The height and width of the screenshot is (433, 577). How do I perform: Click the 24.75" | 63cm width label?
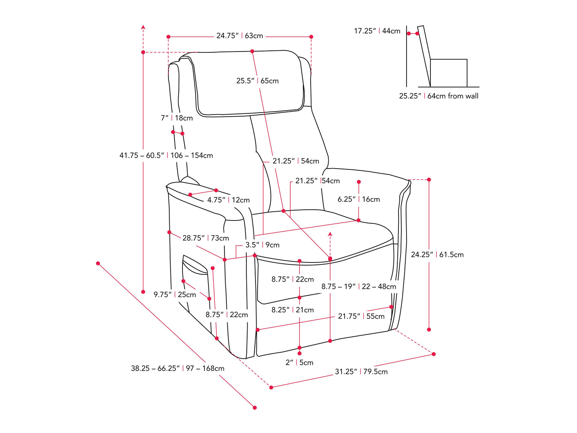240,36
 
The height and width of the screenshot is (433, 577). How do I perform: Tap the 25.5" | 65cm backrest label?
257,81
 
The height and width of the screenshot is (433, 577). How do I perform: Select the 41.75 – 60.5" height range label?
166,156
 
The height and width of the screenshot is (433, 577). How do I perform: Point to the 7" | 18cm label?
176,118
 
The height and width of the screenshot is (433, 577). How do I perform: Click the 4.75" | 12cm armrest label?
228,200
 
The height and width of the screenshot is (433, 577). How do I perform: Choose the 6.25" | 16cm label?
359,199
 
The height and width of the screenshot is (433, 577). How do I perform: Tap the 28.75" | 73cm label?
206,238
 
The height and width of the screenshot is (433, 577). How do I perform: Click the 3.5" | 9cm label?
262,245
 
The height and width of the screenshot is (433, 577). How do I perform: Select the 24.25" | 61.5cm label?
437,255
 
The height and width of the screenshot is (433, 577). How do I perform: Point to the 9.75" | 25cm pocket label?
174,295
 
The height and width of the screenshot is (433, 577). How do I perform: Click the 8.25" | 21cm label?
292,310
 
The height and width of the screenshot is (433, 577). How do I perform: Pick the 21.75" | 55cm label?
361,316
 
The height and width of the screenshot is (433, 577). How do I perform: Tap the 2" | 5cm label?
299,363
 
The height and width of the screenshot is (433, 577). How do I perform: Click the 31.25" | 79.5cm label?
361,372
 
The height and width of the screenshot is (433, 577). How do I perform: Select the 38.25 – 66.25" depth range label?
177,369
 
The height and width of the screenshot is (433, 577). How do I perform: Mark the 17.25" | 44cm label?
377,31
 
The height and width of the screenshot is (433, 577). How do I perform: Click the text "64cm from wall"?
453,96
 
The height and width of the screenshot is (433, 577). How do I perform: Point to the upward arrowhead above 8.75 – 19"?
330,234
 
